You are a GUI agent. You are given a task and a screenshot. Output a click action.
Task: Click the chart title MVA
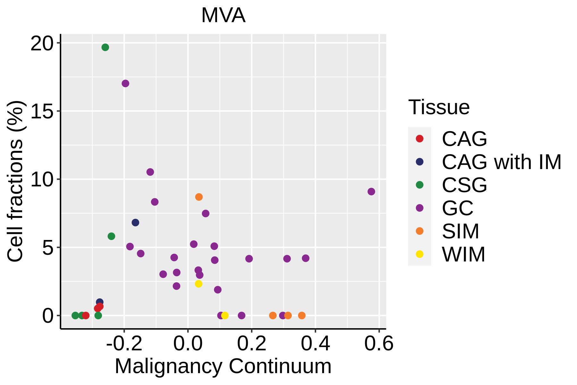223,15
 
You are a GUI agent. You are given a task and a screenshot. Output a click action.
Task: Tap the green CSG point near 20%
105,47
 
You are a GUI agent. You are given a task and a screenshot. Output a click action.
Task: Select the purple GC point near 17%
125,83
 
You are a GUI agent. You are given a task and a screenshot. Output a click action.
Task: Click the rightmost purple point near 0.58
371,192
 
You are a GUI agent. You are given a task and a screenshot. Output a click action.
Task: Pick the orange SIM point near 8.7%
199,197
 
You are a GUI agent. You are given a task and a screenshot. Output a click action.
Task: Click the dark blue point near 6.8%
135,223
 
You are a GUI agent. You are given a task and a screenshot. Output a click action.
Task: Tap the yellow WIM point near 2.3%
198,284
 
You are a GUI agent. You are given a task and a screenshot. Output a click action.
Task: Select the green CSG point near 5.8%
111,236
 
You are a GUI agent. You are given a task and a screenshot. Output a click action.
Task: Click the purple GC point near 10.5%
150,172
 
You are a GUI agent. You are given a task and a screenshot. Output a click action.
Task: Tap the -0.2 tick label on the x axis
124,344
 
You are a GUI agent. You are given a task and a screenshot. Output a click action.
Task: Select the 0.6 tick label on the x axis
379,344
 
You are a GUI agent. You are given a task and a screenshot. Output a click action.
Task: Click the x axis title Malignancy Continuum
223,366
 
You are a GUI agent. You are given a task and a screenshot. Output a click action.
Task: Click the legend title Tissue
439,107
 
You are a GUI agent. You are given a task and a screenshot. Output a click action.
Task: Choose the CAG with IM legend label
502,162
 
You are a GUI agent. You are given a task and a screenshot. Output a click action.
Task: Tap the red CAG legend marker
419,139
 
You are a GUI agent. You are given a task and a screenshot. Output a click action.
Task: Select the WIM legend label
464,254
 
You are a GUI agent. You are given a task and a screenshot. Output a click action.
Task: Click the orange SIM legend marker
419,231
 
